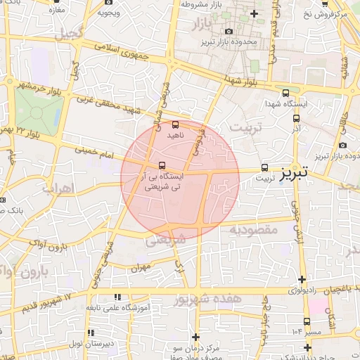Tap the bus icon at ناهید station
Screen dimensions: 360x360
pyautogui.click(x=175, y=124)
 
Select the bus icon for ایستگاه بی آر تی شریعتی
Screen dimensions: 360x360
pyautogui.click(x=163, y=167)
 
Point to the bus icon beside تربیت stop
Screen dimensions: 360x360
pyautogui.click(x=265, y=167)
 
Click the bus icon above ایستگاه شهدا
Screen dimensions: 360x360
pyautogui.click(x=285, y=92)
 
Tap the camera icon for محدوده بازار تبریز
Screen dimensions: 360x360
pyautogui.click(x=229, y=31)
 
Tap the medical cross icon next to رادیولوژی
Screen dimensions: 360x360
pyautogui.click(x=302, y=280)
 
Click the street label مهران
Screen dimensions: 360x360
pyautogui.click(x=140, y=268)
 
